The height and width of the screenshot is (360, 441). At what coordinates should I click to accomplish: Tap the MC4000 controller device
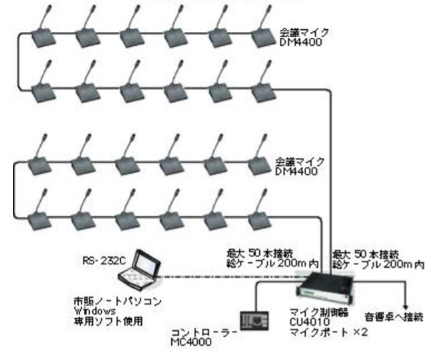(254, 321)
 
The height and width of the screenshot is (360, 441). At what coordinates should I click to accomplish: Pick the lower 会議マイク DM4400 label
(300, 168)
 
